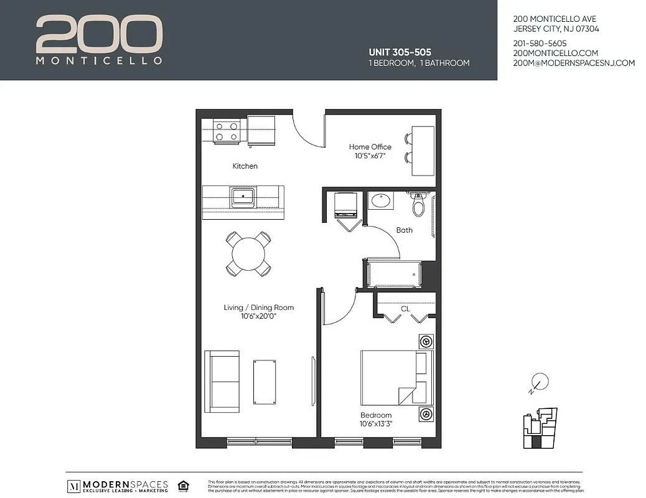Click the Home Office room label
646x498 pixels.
point(370,147)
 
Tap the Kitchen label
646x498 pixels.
point(245,166)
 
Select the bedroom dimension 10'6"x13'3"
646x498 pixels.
point(375,424)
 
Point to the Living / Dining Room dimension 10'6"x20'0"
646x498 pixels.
point(258,316)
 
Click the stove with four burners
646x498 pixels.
point(227,131)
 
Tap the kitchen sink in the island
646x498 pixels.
point(242,198)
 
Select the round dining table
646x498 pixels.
point(248,253)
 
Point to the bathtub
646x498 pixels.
point(394,274)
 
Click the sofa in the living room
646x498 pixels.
point(222,381)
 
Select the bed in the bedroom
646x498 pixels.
point(396,378)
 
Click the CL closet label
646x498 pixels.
point(405,308)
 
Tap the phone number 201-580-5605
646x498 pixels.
point(540,43)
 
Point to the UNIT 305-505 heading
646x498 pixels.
point(400,52)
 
